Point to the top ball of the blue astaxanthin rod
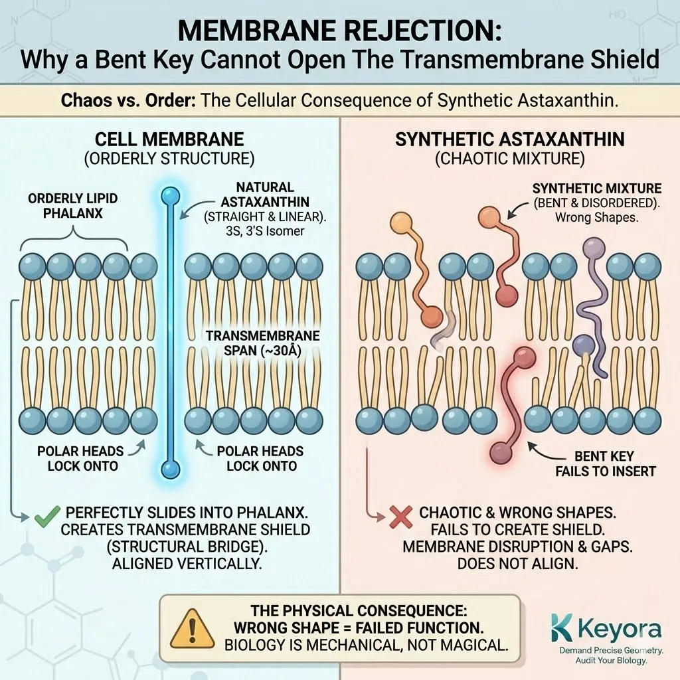(x=171, y=196)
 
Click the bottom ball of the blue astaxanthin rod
(x=171, y=469)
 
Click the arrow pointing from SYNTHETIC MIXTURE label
(x=517, y=212)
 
